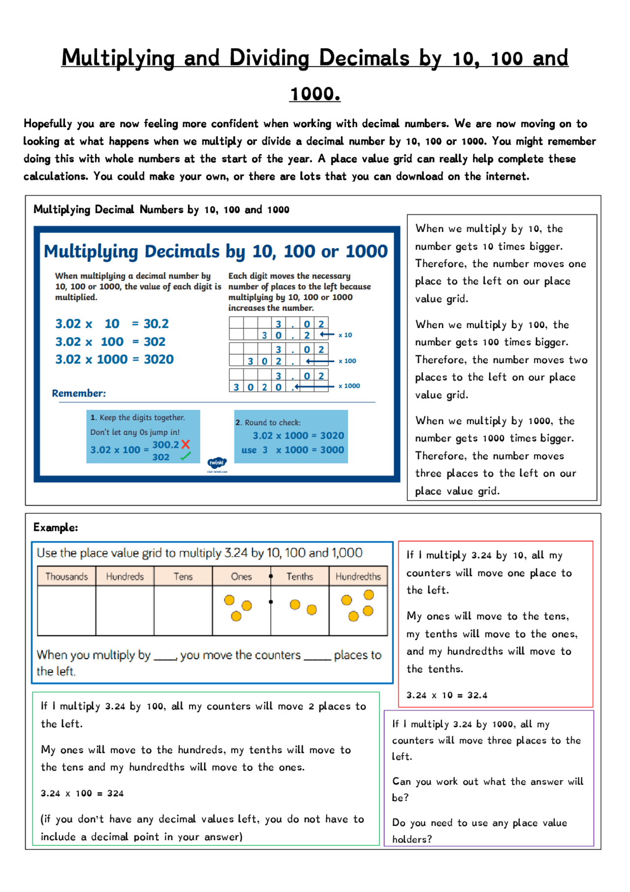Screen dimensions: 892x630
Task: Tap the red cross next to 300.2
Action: point(186,444)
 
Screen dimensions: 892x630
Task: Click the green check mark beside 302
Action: point(185,457)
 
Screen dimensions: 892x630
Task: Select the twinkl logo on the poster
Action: point(217,463)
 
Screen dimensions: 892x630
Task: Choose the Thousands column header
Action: point(66,576)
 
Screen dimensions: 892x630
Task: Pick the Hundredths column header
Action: point(358,576)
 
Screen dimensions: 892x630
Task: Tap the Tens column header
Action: point(183,576)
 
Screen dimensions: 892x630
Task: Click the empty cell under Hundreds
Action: point(125,610)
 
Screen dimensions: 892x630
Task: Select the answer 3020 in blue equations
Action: point(158,359)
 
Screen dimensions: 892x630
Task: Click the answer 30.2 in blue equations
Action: point(156,324)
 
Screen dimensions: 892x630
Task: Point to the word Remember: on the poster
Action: point(79,393)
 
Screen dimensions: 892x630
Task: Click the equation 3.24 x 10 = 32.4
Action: point(446,695)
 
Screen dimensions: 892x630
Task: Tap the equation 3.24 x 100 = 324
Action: point(82,793)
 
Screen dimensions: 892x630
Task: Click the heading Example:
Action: point(56,527)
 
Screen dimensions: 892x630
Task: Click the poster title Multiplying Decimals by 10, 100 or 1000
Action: point(216,251)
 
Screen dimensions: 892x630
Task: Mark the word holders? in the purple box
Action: point(411,839)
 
